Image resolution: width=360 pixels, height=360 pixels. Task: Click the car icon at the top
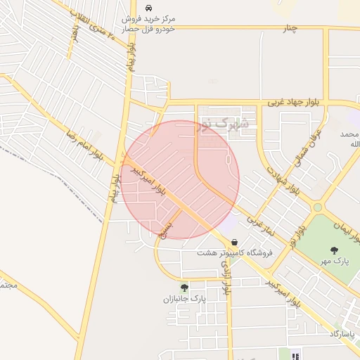[148, 7]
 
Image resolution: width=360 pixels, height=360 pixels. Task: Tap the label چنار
[291, 28]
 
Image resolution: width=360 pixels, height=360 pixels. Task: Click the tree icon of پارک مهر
[333, 250]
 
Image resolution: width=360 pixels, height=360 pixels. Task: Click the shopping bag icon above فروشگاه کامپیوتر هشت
[234, 241]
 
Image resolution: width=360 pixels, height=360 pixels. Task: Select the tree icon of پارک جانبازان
[184, 287]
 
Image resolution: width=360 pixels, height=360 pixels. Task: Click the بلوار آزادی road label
[226, 274]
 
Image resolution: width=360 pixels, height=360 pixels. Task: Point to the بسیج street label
[166, 229]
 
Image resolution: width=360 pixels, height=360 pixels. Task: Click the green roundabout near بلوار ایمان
[318, 207]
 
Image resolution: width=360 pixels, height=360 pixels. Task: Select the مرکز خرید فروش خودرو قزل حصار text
[149, 23]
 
